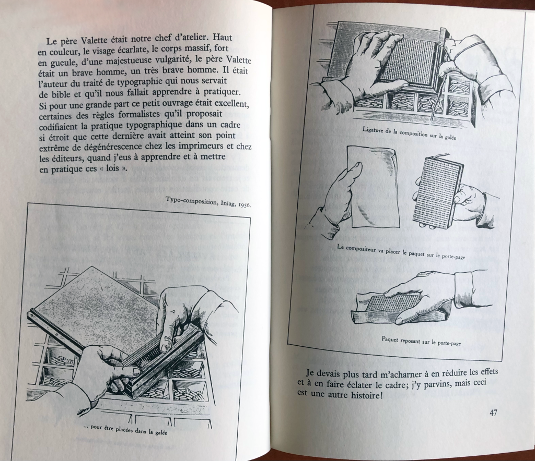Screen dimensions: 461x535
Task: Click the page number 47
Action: click(493, 413)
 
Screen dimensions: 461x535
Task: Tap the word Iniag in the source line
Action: click(222, 203)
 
